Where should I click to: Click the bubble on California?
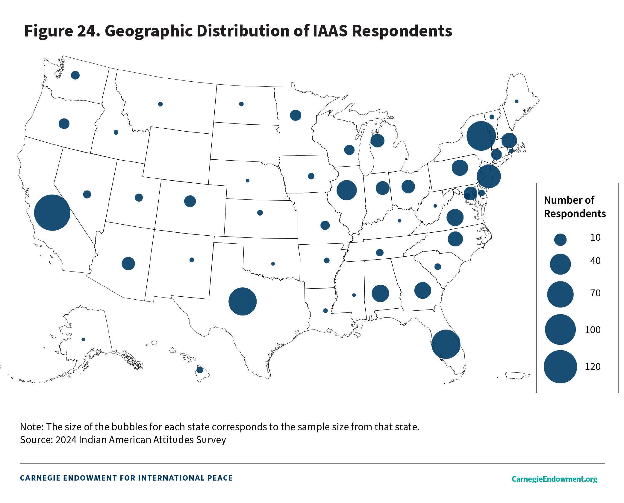52,213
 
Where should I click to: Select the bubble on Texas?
243,301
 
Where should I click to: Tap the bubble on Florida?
446,344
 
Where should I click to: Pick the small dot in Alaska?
83,339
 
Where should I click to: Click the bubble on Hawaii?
200,370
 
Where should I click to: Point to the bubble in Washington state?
75,75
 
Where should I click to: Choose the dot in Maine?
517,101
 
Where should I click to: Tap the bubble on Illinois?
346,190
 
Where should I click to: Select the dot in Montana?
160,104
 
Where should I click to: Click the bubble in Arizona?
128,263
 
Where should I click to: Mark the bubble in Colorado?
190,201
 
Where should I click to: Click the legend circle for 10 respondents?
560,240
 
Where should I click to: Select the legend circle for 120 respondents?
560,367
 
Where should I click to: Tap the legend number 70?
595,293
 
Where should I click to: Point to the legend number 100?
593,330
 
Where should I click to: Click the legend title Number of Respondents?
574,207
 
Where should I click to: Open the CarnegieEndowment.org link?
554,479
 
